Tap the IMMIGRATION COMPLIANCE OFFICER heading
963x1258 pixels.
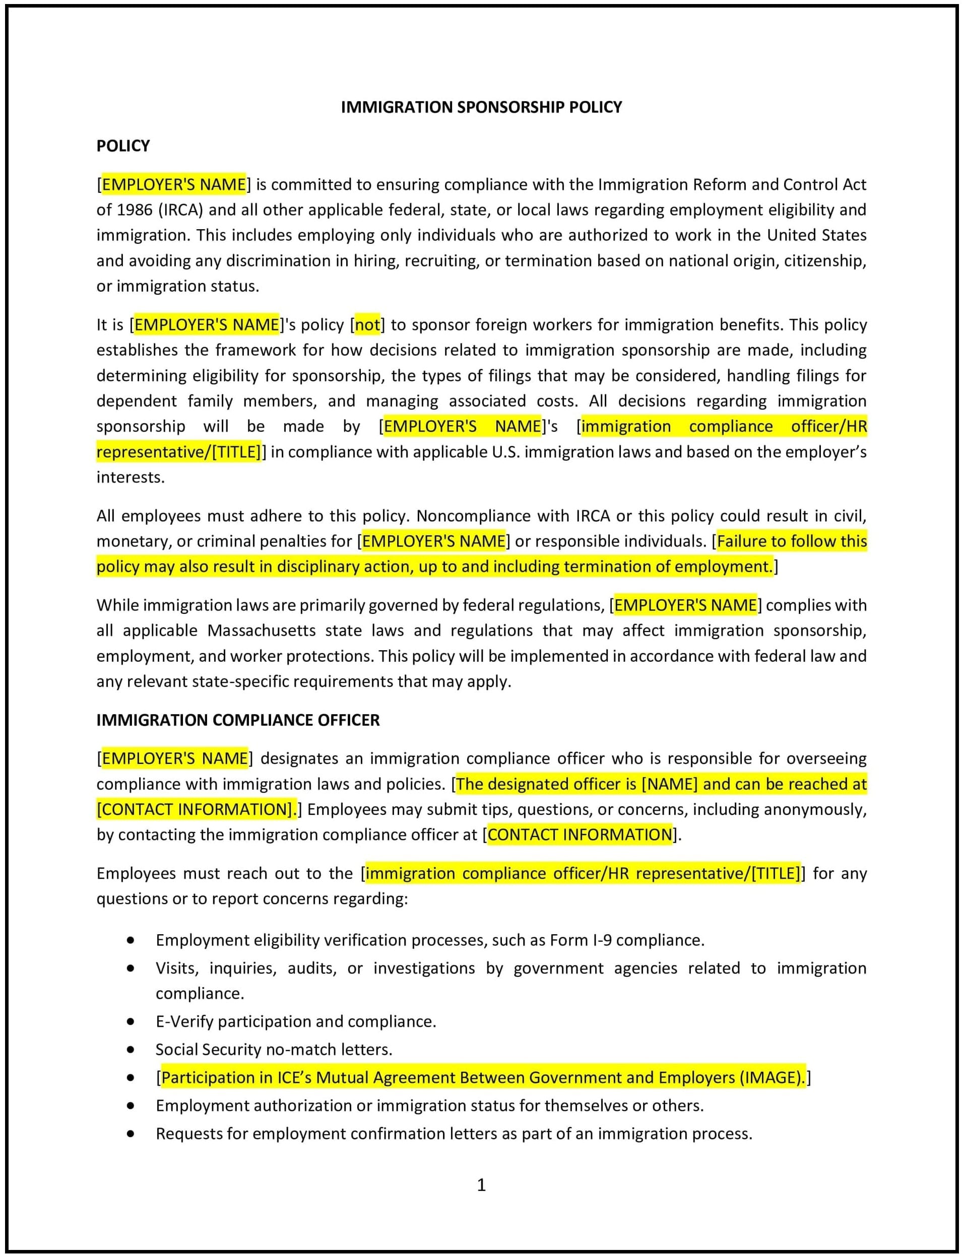point(238,720)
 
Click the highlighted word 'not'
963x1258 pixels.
point(367,325)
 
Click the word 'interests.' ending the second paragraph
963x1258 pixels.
point(131,478)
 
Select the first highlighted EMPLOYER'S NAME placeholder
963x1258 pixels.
point(174,184)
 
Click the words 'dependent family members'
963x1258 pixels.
point(207,401)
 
